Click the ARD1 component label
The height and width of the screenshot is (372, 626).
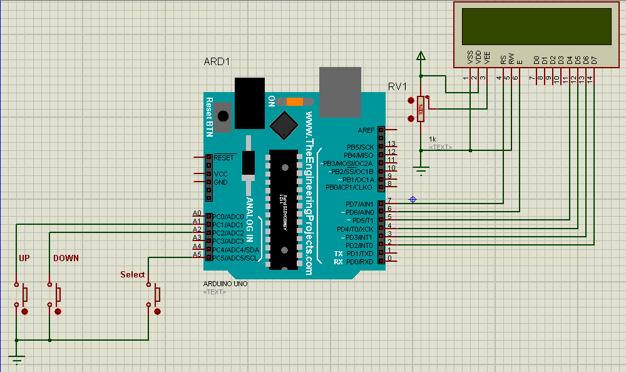pos(217,62)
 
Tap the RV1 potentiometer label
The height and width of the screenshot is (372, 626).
pos(398,86)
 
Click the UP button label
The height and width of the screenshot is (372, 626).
pos(24,258)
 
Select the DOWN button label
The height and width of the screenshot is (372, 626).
pos(66,258)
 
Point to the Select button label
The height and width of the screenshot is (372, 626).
pos(132,274)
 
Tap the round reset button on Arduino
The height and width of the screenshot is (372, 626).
pos(222,115)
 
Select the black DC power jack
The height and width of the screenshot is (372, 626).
pos(250,102)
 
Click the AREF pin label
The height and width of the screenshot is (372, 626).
pos(366,130)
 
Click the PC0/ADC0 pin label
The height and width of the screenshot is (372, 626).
pos(227,216)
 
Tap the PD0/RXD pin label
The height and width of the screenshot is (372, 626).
pos(359,262)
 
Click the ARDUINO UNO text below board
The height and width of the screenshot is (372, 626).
pos(225,284)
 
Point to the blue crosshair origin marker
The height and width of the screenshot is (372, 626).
pos(413,199)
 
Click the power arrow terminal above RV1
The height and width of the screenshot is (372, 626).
pos(421,57)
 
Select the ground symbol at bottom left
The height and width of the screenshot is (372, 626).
pos(16,359)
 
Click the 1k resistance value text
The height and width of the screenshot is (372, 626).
pos(433,139)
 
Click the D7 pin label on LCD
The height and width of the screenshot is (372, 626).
pos(594,60)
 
